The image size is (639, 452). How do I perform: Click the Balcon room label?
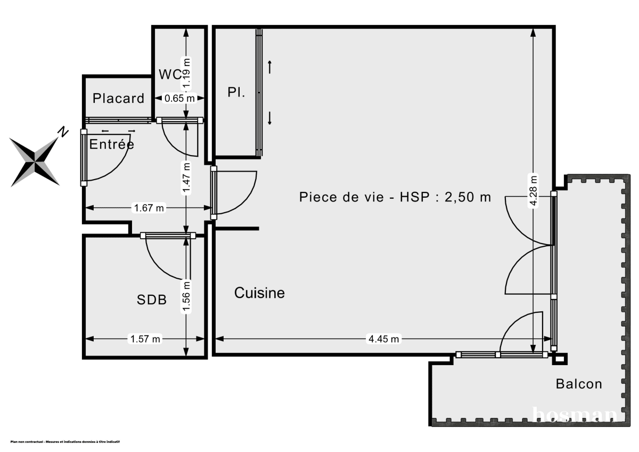579,384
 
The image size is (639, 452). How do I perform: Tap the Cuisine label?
259,293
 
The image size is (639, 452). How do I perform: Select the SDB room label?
152,300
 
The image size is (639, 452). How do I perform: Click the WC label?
170,74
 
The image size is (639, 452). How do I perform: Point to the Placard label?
118,98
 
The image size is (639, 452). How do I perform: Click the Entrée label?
112,144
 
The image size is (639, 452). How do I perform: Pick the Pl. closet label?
236,92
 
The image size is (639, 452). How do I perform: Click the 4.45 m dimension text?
383,339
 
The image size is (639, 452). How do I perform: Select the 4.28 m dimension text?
534,190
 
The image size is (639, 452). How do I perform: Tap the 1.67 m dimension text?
149,208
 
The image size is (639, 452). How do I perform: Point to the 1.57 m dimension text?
145,339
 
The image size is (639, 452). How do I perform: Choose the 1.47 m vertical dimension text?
185,177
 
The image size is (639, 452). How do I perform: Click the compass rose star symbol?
35,160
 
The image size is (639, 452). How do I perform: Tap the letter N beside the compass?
63,132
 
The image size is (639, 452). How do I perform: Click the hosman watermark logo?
575,414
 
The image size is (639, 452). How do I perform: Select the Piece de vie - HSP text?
395,197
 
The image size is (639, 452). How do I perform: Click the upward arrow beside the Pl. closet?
270,67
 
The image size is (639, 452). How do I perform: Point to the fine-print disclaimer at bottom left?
65,442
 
